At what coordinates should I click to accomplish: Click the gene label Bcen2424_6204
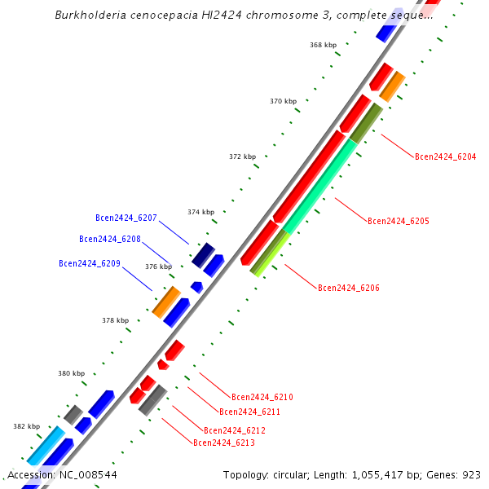(x=445, y=156)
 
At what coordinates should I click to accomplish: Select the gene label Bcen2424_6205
(x=398, y=221)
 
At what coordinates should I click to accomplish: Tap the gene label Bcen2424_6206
(x=348, y=288)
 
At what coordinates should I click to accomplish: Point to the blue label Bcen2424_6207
(x=126, y=218)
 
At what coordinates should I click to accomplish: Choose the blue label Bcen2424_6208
(x=109, y=239)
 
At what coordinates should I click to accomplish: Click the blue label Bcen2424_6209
(x=90, y=263)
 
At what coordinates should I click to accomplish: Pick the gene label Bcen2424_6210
(x=262, y=397)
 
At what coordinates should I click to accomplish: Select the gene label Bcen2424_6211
(x=249, y=412)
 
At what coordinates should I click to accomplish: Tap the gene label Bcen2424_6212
(x=234, y=430)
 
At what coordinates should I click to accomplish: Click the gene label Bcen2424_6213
(x=223, y=443)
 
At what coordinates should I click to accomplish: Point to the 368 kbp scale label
(x=323, y=45)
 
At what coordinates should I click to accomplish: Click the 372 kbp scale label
(x=242, y=156)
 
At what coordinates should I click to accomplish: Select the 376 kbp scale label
(x=158, y=267)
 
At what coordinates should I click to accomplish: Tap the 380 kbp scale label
(x=71, y=373)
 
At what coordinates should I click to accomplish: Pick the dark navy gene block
(x=203, y=254)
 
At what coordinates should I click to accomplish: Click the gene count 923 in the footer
(x=471, y=474)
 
